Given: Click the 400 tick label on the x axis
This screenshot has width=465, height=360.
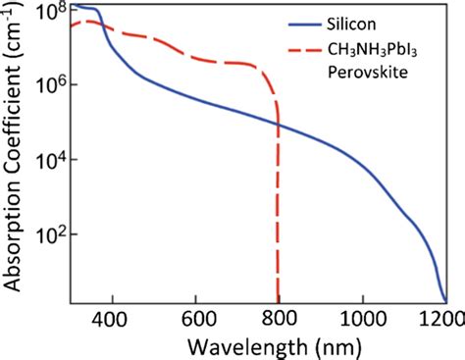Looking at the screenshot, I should (x=113, y=319).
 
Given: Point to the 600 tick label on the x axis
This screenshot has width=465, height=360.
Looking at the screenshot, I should (x=197, y=319).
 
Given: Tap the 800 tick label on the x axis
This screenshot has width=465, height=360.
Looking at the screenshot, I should (x=281, y=319).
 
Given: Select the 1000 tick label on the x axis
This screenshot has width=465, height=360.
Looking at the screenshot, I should (x=364, y=319).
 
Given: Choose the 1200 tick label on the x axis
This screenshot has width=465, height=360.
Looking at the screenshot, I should (x=442, y=319).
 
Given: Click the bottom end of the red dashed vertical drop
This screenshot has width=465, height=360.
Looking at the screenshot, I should (x=280, y=301).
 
